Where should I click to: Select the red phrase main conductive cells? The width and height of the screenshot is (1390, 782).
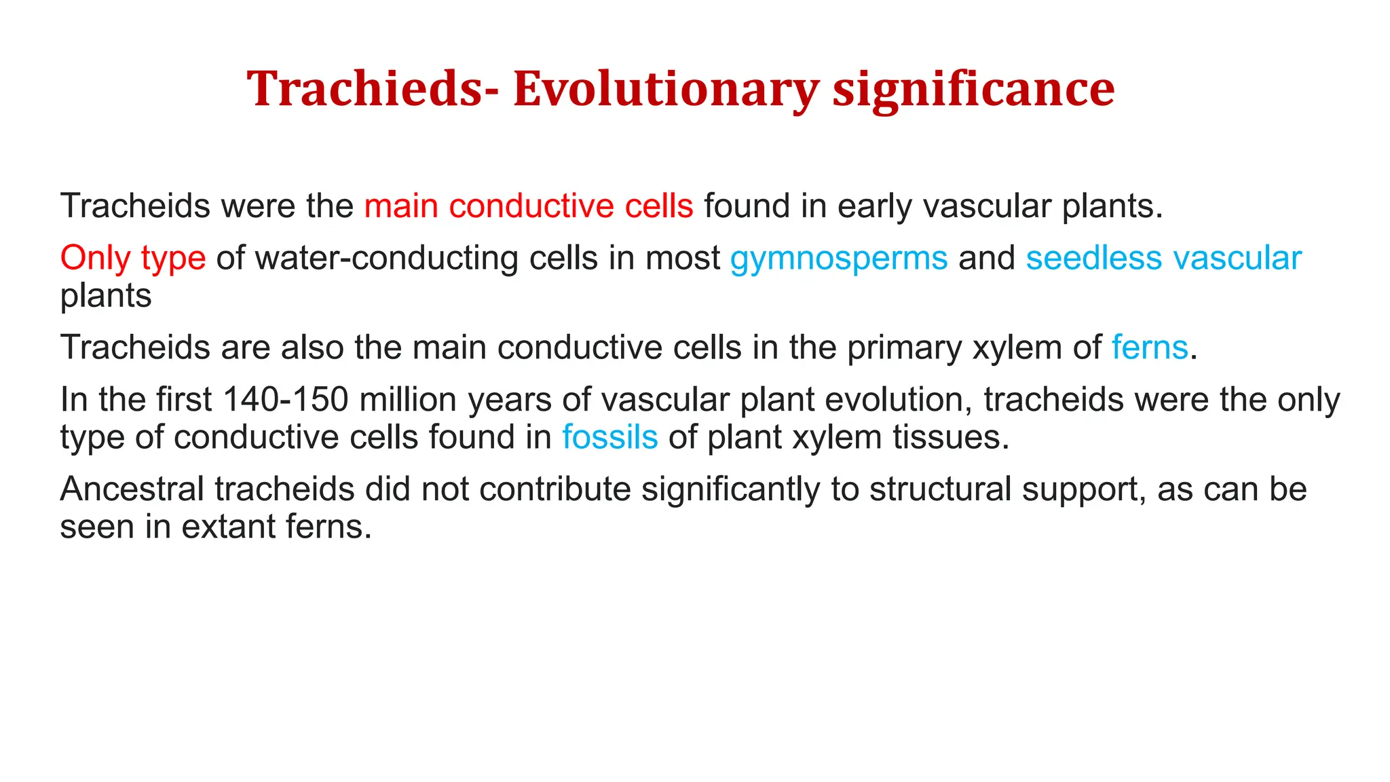tap(529, 206)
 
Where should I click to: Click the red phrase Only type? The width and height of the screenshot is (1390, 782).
tap(132, 259)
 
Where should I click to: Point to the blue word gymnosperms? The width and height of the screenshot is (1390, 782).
tap(839, 259)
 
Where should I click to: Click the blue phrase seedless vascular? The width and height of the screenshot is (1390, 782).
tap(1163, 259)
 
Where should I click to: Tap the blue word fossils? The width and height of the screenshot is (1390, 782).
tap(609, 437)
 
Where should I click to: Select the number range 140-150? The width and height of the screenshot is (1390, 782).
tap(285, 400)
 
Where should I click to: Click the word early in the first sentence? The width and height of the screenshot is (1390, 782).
tap(875, 206)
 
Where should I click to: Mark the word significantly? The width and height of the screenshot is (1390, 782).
tap(730, 489)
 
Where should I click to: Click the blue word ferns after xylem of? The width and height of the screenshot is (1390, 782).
tap(1150, 348)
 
